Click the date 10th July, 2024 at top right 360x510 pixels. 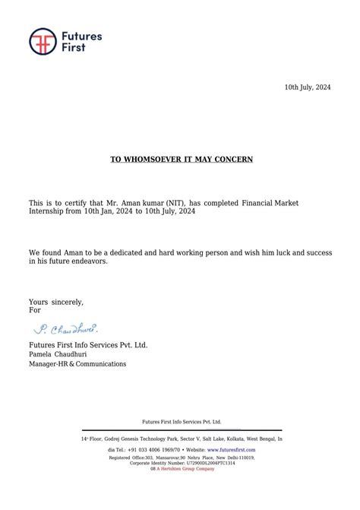tap(308, 88)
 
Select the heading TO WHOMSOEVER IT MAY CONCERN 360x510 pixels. tap(182, 160)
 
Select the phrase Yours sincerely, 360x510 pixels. tap(56, 303)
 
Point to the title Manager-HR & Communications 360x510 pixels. tap(77, 364)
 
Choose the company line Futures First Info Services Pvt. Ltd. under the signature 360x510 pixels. tap(88, 345)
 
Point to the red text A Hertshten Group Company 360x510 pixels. tap(185, 469)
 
